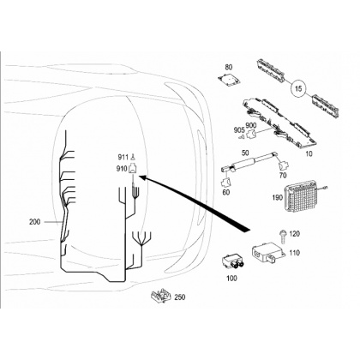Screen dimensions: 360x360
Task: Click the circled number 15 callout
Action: tap(298, 88)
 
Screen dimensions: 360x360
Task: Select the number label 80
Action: tap(229, 67)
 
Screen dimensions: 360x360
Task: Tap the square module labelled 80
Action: tap(230, 78)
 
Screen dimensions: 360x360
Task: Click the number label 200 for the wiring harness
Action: tap(35, 221)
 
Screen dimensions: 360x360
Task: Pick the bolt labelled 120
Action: tap(283, 237)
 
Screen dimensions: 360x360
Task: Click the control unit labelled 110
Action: tap(267, 251)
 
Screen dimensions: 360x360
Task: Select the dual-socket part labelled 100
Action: tap(233, 261)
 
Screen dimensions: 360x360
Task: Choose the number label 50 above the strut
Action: tap(245, 153)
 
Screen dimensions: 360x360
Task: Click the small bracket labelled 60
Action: tap(226, 182)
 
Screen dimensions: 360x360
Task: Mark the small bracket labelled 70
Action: tap(284, 165)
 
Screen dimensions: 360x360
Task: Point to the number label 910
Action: tap(122, 169)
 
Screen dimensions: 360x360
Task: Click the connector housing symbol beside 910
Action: tap(133, 168)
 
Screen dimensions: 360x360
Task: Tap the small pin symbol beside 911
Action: tap(133, 157)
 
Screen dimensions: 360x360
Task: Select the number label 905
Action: tap(239, 130)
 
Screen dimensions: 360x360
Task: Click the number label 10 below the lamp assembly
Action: tap(309, 153)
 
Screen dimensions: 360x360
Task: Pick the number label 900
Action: tap(251, 125)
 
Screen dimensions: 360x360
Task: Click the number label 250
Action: tap(180, 297)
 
